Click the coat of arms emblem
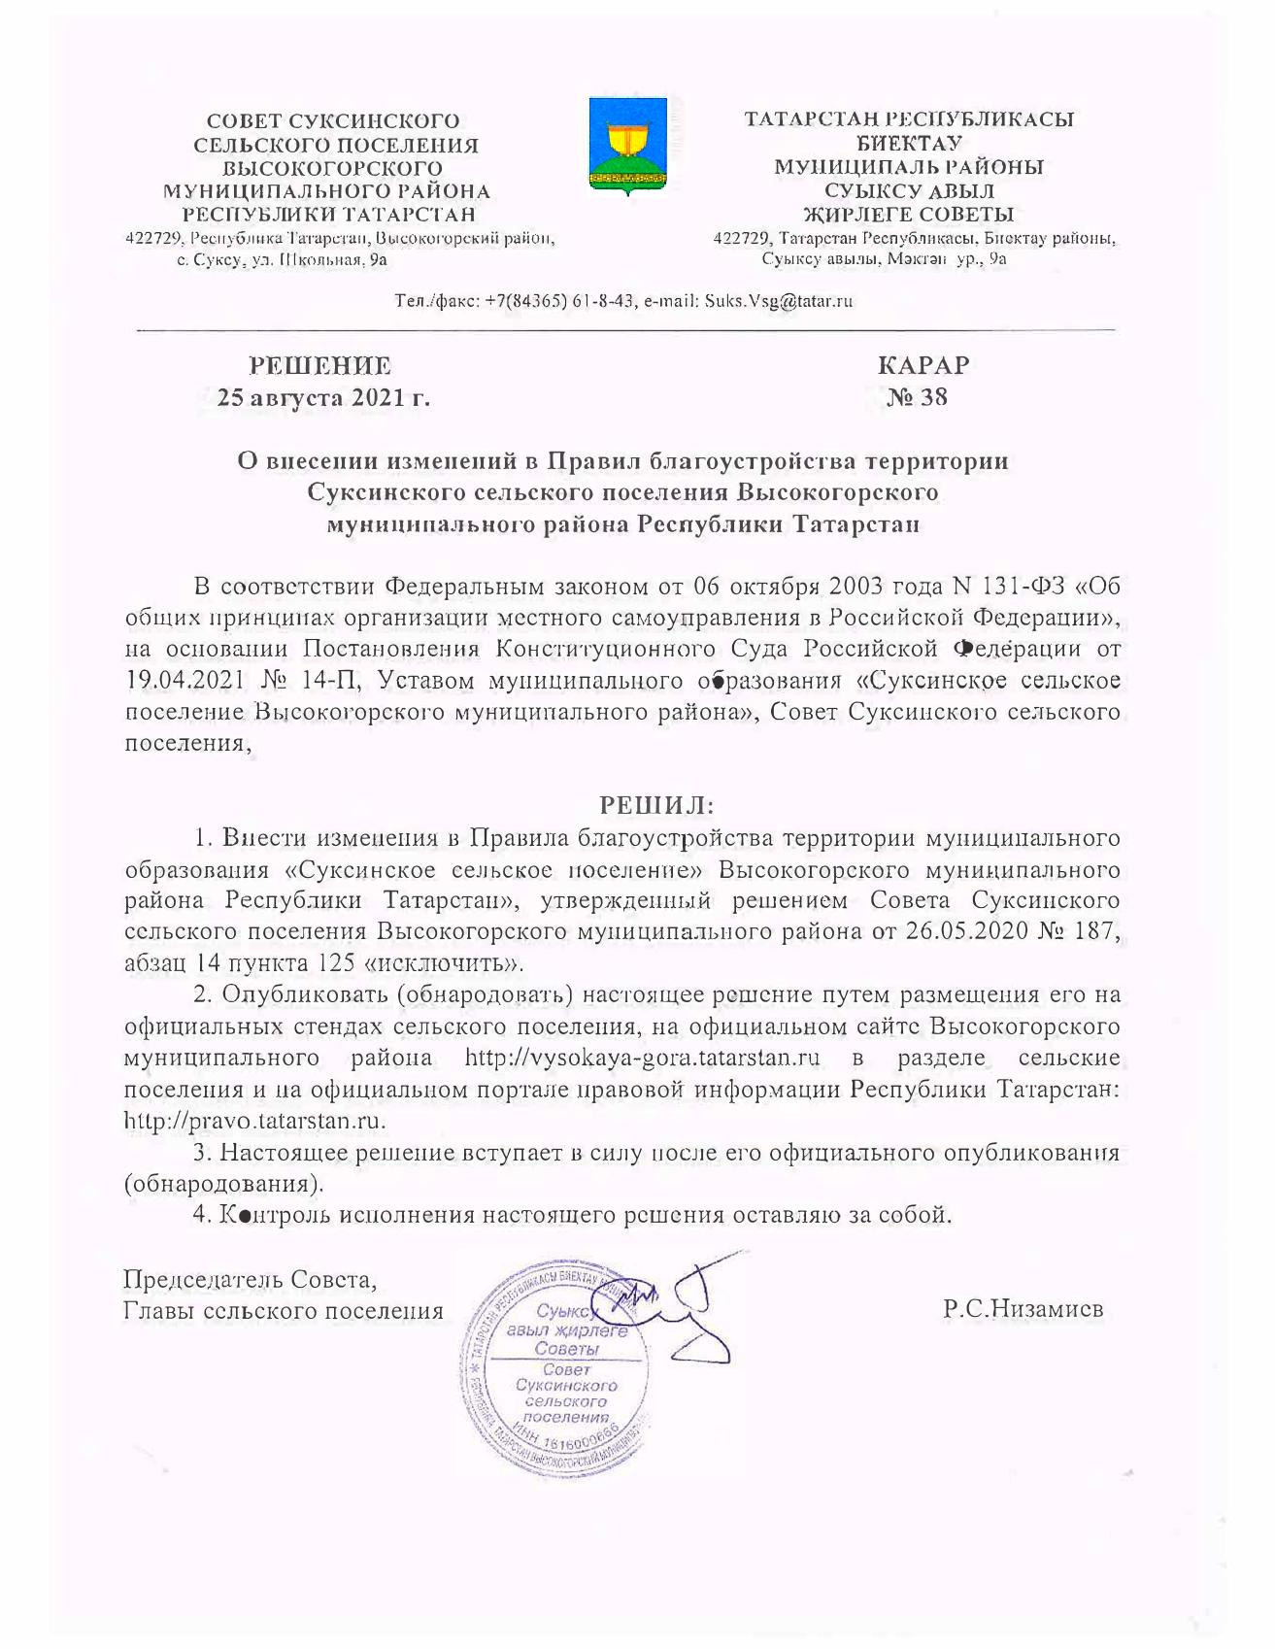[x=627, y=146]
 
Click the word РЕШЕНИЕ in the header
[x=320, y=366]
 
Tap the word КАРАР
[x=923, y=366]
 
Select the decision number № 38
[x=918, y=397]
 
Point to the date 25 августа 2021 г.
[x=323, y=397]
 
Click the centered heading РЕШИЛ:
[x=656, y=805]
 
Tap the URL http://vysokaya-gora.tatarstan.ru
[x=643, y=1058]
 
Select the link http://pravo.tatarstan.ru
[x=255, y=1121]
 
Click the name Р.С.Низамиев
[x=1023, y=1309]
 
